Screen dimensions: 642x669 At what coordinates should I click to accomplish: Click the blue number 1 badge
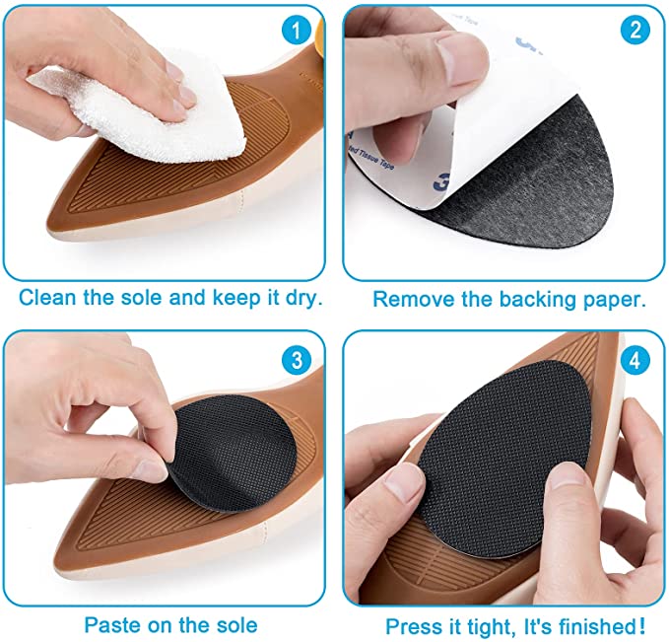pyautogui.click(x=293, y=31)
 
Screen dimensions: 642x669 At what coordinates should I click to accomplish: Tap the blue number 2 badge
pyautogui.click(x=635, y=31)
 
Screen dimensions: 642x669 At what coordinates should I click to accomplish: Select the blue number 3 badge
pyautogui.click(x=294, y=357)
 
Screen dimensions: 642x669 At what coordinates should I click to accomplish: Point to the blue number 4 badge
pyautogui.click(x=634, y=357)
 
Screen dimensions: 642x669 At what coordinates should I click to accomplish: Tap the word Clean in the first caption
pyautogui.click(x=45, y=298)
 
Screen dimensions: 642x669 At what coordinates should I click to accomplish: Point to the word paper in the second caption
pyautogui.click(x=613, y=299)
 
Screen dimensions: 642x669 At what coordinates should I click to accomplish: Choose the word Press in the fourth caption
pyautogui.click(x=411, y=626)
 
